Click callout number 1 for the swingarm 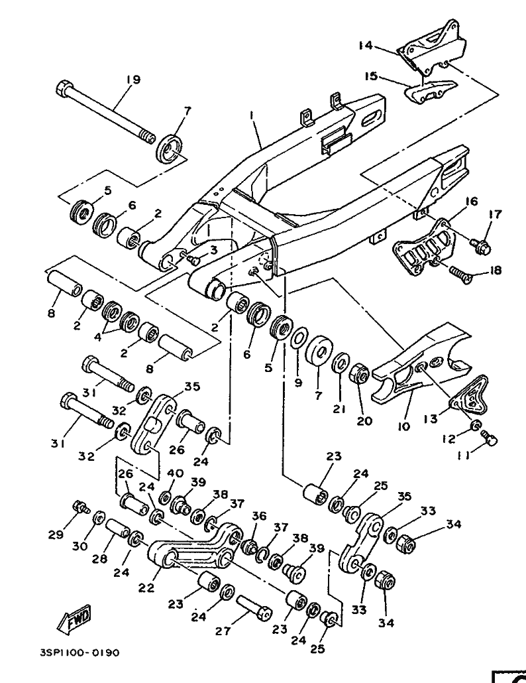point(252,116)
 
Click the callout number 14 point(366,46)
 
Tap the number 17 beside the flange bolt point(496,214)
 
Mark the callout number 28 point(99,559)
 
